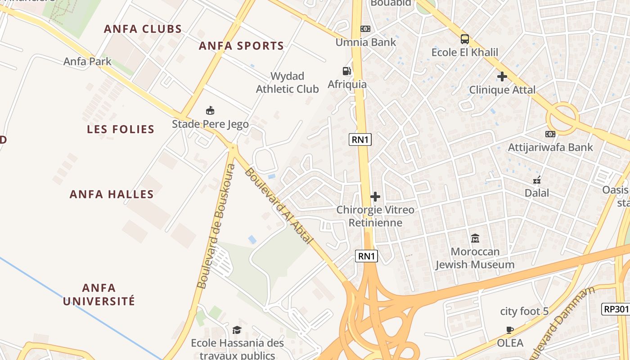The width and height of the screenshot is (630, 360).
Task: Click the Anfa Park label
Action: tap(87, 61)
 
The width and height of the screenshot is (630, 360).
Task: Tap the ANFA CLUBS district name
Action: tap(143, 29)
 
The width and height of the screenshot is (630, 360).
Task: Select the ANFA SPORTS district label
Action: tap(241, 46)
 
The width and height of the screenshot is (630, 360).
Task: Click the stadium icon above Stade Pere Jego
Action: tap(210, 110)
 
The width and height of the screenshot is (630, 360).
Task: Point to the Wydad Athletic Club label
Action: tap(287, 82)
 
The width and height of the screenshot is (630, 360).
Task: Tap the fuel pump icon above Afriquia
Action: tap(346, 71)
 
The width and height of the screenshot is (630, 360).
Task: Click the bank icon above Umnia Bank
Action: tap(365, 29)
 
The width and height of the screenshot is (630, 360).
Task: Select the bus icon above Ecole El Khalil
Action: tap(465, 39)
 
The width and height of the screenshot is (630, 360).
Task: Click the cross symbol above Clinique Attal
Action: tap(502, 76)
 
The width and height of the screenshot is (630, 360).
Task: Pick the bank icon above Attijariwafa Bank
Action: tap(550, 134)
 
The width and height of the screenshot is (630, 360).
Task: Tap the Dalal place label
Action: tap(537, 193)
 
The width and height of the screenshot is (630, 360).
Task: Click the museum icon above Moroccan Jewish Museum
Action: tap(475, 238)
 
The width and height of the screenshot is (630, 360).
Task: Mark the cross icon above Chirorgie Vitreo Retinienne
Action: tap(375, 197)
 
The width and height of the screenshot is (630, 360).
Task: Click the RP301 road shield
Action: tap(615, 309)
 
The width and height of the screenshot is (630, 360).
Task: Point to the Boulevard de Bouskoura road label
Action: tap(216, 226)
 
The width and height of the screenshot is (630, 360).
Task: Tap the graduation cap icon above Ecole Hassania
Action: tap(237, 330)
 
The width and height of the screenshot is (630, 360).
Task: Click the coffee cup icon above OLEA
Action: tap(510, 330)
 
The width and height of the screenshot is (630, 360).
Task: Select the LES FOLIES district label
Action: tap(121, 130)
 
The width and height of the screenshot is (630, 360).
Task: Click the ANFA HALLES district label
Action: tap(112, 194)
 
